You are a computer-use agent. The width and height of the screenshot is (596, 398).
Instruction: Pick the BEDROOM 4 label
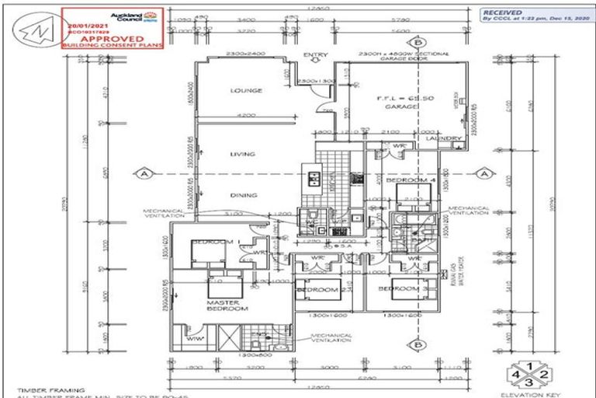click(408, 180)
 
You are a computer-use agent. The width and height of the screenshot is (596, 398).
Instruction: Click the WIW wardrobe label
click(193, 339)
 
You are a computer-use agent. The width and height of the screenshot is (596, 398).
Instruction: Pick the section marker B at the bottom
click(418, 344)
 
